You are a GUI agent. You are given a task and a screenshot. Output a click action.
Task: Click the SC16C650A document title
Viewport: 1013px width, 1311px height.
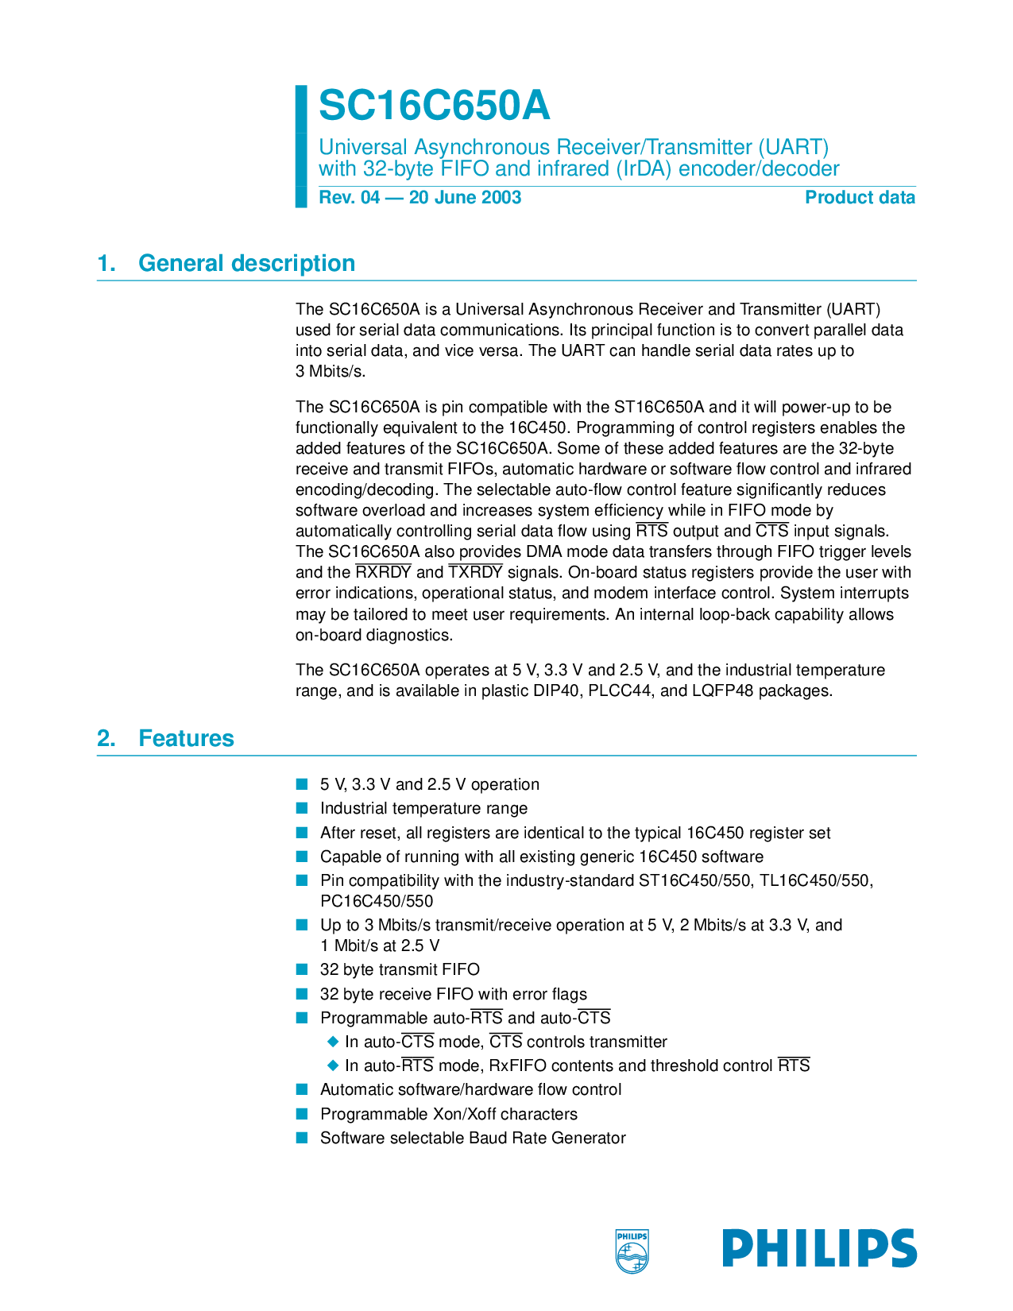tap(434, 106)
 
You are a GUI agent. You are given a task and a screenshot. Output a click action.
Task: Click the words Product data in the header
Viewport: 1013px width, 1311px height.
tap(860, 198)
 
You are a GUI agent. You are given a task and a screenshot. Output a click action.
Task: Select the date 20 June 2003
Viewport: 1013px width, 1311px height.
tap(465, 198)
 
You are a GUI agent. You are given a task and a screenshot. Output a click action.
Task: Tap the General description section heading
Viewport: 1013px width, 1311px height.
tap(246, 263)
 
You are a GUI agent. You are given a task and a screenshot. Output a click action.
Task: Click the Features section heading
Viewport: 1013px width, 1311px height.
tap(186, 738)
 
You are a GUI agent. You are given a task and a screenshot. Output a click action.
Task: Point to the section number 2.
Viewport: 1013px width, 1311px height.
tap(106, 738)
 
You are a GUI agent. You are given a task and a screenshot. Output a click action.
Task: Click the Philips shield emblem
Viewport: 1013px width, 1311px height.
tap(632, 1251)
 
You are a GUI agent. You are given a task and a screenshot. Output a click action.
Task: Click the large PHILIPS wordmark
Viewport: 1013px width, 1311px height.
tap(819, 1248)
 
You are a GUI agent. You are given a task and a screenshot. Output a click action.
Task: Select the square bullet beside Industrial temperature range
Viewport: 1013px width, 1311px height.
tap(302, 809)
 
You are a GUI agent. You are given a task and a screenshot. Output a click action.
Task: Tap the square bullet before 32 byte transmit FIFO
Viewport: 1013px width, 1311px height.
tap(302, 969)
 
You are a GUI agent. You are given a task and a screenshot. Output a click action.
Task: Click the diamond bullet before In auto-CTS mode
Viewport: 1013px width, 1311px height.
tap(333, 1042)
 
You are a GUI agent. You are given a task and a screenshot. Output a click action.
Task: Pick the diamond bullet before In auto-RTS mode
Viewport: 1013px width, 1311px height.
tap(333, 1065)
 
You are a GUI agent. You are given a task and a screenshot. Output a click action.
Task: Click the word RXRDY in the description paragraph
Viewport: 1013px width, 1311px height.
tap(383, 573)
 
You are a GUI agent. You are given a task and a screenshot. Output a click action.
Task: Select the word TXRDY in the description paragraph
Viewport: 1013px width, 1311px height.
tap(475, 573)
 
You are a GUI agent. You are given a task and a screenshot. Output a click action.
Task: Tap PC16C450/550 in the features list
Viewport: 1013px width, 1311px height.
tap(377, 901)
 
